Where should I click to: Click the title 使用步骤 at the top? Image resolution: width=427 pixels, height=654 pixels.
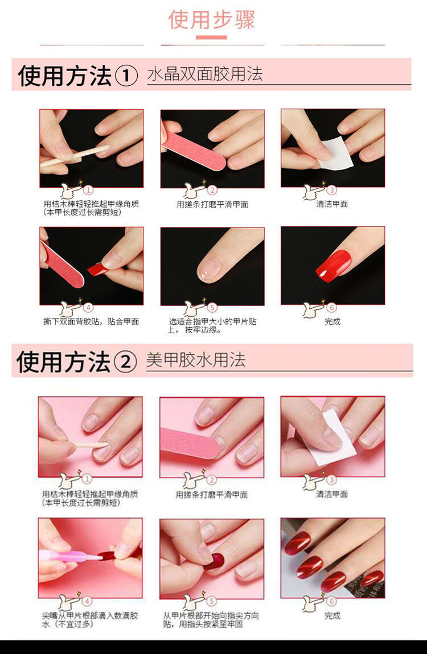pyautogui.click(x=212, y=20)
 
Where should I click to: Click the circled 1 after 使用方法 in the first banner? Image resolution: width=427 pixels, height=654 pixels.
pyautogui.click(x=126, y=76)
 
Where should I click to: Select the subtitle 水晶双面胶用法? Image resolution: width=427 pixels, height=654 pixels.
pyautogui.click(x=205, y=74)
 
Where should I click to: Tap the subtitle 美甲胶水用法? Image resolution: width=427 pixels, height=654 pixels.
pyautogui.click(x=196, y=360)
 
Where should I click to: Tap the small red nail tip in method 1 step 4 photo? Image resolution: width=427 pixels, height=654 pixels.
pyautogui.click(x=97, y=269)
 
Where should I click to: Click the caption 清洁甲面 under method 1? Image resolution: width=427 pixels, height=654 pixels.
pyautogui.click(x=332, y=204)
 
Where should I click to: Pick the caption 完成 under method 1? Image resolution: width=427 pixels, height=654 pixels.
pyautogui.click(x=332, y=321)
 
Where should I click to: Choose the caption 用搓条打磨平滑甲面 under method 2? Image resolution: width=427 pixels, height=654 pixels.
pyautogui.click(x=212, y=495)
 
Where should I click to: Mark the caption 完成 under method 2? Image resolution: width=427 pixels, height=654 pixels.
pyautogui.click(x=332, y=615)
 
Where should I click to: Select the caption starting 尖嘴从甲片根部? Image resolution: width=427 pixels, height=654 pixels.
pyautogui.click(x=90, y=620)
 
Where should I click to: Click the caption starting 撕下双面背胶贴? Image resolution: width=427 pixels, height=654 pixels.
pyautogui.click(x=91, y=321)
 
